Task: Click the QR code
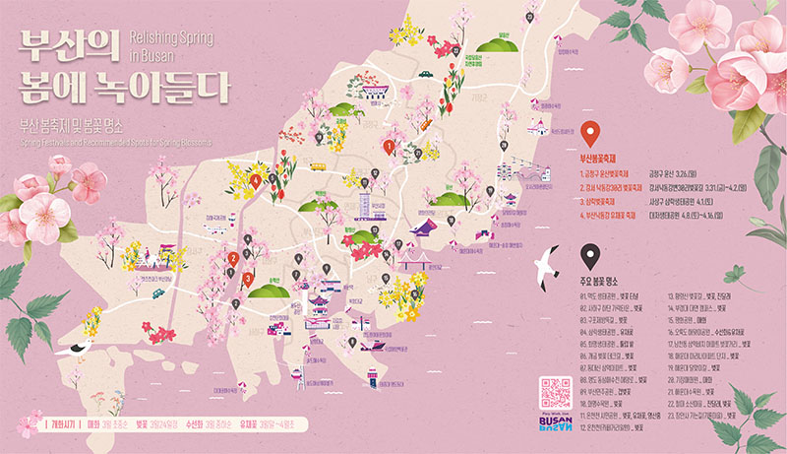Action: coord(556,393)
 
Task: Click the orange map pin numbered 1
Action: coord(389,147)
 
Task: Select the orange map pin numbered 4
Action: coord(256,181)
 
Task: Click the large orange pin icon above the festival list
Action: coord(590,134)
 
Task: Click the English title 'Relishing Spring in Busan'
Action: coord(170,44)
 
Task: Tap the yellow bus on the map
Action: coord(318,166)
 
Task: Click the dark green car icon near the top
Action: coord(425,72)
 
